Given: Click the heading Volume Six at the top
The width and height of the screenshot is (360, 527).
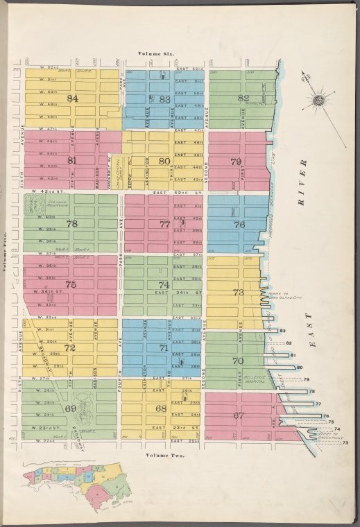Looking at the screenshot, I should tap(157, 53).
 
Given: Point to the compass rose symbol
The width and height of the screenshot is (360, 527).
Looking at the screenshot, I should tap(320, 101).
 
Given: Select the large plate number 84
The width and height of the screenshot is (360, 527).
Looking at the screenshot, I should tap(72, 98).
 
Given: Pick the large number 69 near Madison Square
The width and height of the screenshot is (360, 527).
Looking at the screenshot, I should tap(70, 408).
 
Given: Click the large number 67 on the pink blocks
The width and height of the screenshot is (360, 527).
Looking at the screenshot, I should tap(239, 415).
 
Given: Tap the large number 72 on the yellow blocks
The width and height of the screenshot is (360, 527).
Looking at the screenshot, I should tap(69, 347).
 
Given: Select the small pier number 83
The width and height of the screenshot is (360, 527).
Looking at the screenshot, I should tap(283, 331).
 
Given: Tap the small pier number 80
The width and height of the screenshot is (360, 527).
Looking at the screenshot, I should tap(300, 367).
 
